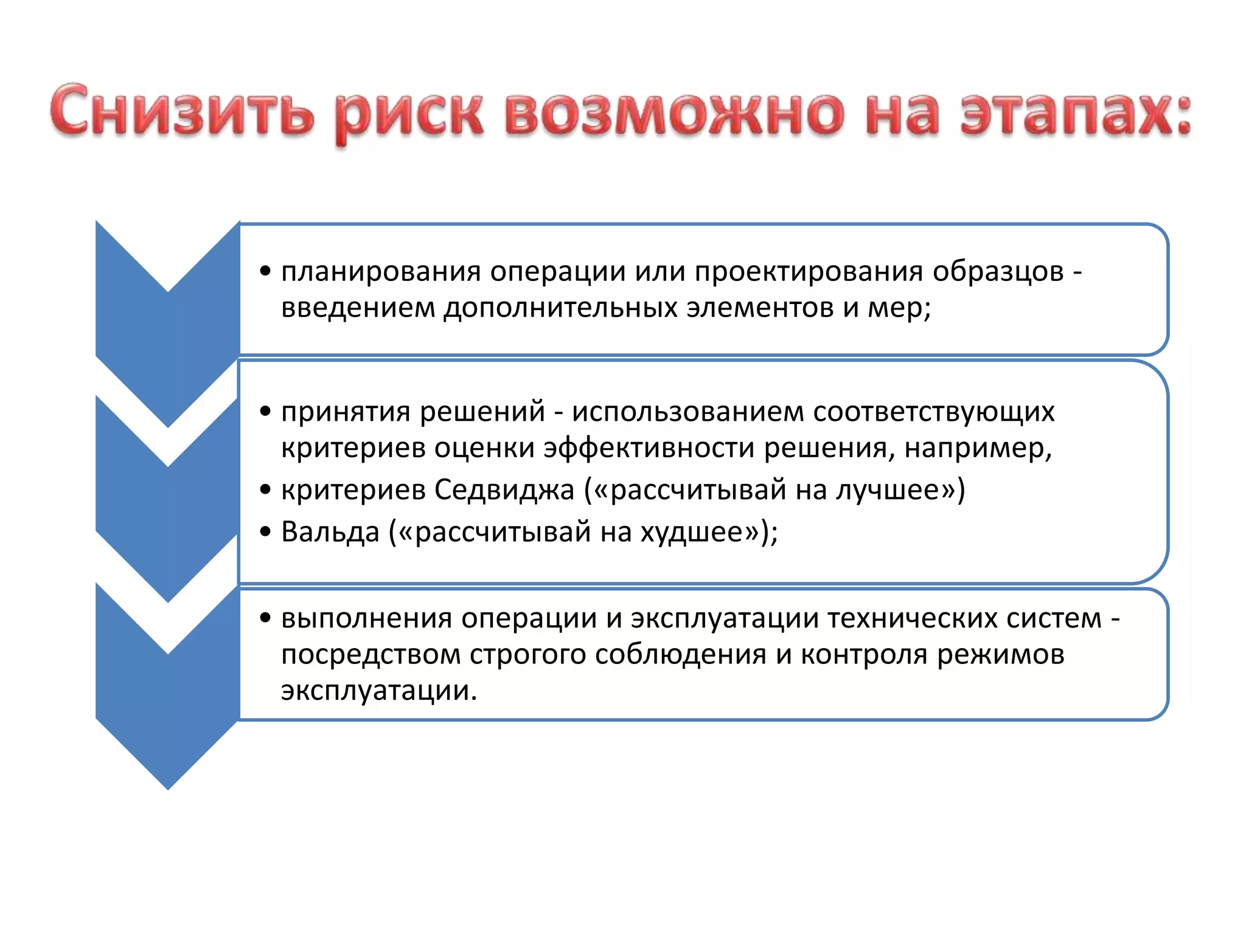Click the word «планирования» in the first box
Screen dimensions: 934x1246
click(x=381, y=272)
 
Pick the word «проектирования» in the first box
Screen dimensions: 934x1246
click(x=809, y=272)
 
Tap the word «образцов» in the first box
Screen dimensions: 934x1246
click(x=998, y=272)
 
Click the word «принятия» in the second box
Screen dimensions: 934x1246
click(x=346, y=412)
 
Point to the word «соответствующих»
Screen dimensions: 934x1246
click(x=933, y=412)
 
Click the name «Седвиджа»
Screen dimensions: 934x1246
click(x=504, y=490)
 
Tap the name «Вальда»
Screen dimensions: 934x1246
click(x=330, y=532)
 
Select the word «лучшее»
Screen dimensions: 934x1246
click(x=888, y=490)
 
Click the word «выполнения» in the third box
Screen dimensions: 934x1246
click(x=366, y=618)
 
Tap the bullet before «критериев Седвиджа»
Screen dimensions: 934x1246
click(x=265, y=489)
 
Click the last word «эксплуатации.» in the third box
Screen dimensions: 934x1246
click(x=378, y=691)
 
